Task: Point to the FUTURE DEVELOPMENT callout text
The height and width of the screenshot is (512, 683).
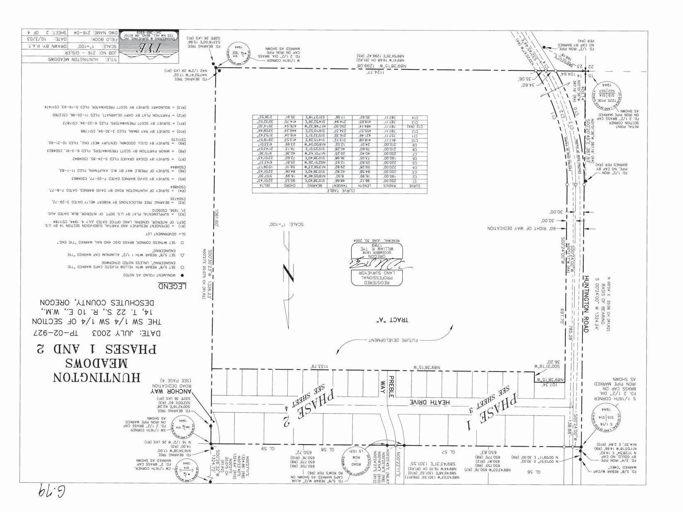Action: click(393, 340)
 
